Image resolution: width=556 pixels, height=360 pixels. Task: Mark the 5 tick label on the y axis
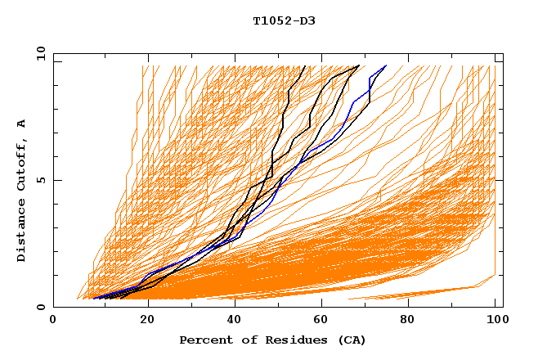[39, 180]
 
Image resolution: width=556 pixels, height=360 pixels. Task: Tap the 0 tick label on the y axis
[39, 308]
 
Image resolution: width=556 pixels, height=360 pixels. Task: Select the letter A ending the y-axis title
[22, 124]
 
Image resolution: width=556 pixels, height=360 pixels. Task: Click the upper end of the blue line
[386, 65]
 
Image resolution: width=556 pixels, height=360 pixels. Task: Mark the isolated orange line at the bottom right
[425, 292]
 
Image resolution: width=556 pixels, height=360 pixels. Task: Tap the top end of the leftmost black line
[304, 66]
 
